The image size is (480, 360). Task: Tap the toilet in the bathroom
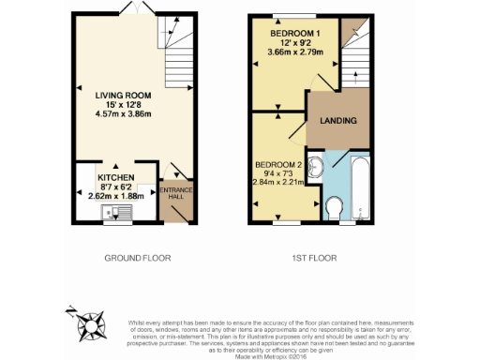pos(335,206)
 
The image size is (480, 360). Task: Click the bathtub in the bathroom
pos(360,187)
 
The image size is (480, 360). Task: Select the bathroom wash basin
pos(316,169)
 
